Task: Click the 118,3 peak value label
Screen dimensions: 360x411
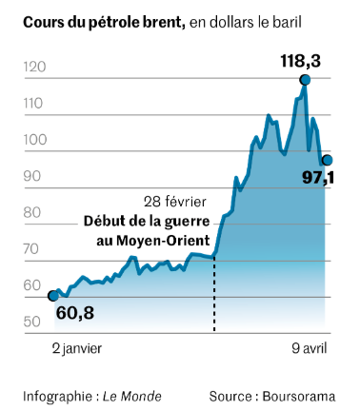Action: (x=300, y=61)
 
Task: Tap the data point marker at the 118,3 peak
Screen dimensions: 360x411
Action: (x=305, y=80)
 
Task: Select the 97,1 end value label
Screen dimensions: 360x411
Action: (x=318, y=178)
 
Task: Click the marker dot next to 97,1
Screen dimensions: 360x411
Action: (x=328, y=160)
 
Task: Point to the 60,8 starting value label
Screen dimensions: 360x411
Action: (x=75, y=313)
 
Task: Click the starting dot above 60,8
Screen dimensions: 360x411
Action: (x=53, y=296)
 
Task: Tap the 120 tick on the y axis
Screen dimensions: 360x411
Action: (x=34, y=67)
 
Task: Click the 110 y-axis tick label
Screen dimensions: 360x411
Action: (x=33, y=104)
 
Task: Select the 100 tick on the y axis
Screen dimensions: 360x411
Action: (x=35, y=140)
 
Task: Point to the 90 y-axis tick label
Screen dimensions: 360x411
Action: (x=32, y=176)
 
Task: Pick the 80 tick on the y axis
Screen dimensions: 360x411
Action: (x=32, y=212)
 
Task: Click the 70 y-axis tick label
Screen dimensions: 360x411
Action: (x=32, y=249)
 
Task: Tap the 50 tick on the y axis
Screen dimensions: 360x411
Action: (x=32, y=322)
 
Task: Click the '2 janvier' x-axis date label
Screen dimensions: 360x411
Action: (x=77, y=348)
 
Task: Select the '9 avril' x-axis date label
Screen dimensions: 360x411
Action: (x=310, y=348)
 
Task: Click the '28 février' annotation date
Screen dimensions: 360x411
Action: (x=175, y=202)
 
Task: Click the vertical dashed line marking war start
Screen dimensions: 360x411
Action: (x=214, y=293)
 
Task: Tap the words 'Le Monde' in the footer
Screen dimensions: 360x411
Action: (x=132, y=397)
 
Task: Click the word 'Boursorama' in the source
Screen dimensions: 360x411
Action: (x=299, y=397)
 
